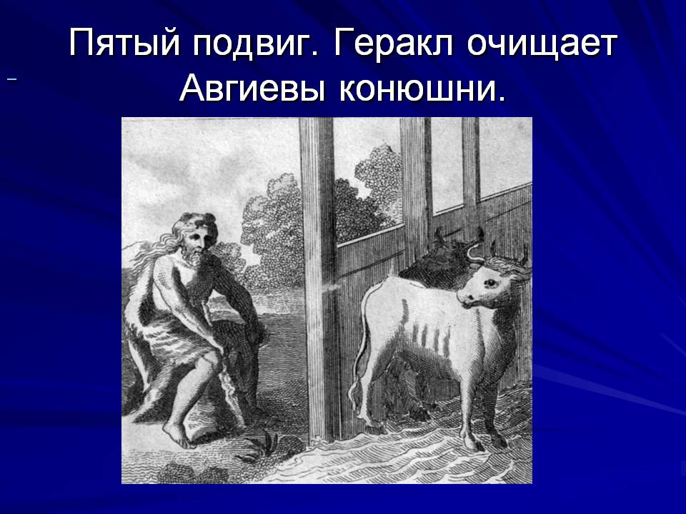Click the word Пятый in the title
point(124,44)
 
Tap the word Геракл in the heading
point(393,44)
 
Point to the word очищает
point(542,44)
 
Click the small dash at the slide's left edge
point(12,79)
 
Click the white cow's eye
point(491,283)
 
